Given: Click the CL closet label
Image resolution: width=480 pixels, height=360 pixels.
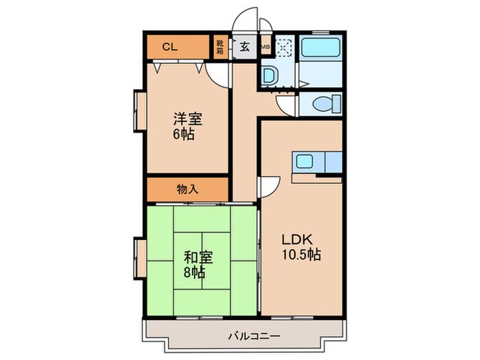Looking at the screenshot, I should pyautogui.click(x=170, y=47).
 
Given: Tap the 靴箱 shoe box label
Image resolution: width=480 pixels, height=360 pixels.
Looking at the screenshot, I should pyautogui.click(x=220, y=47).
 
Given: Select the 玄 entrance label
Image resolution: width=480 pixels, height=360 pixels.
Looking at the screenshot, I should pyautogui.click(x=243, y=48).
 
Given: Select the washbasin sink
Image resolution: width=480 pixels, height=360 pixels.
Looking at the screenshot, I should pyautogui.click(x=269, y=75).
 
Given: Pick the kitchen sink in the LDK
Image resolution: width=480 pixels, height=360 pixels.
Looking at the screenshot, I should pyautogui.click(x=303, y=163).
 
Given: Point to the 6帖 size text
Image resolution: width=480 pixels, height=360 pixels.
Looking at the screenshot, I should pyautogui.click(x=183, y=134).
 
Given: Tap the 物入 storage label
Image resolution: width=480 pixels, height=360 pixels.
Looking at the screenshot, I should pyautogui.click(x=187, y=189).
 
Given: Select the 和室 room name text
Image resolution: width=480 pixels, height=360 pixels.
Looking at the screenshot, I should pyautogui.click(x=198, y=258).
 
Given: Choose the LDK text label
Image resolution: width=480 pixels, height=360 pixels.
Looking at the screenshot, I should pyautogui.click(x=299, y=239).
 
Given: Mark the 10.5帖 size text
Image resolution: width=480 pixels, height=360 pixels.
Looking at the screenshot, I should pyautogui.click(x=302, y=255).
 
